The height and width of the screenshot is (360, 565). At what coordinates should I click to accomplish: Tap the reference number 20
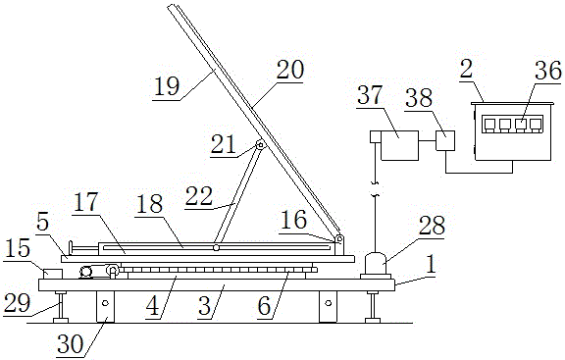290,70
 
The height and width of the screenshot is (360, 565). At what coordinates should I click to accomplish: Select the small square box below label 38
445,139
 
